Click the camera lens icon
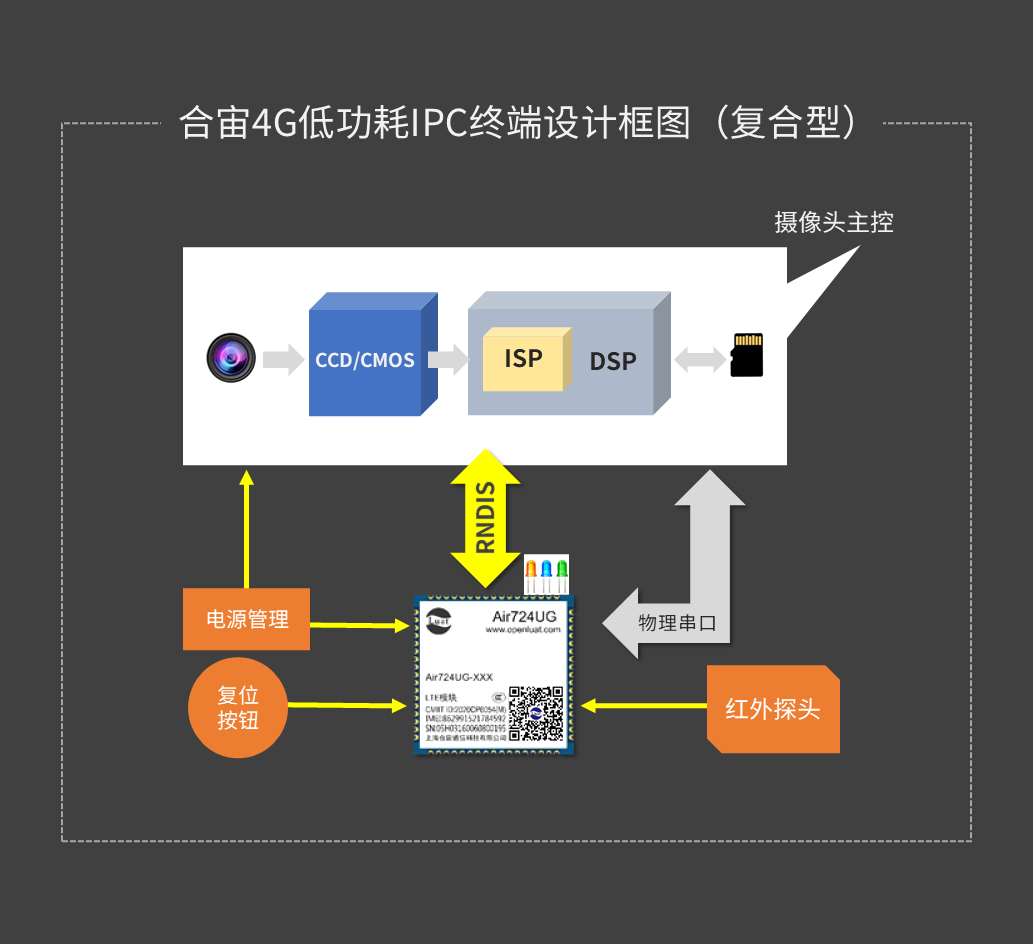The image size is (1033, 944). (x=231, y=357)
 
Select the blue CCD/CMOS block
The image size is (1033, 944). (x=365, y=361)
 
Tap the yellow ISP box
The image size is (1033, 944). (x=523, y=359)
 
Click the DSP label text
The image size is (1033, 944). (x=613, y=361)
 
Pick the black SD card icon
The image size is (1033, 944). (x=746, y=355)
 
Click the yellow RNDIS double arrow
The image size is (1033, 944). (x=485, y=518)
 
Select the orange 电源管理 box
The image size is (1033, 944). (x=246, y=619)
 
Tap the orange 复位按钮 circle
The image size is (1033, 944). (x=238, y=707)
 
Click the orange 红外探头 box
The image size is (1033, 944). (x=773, y=709)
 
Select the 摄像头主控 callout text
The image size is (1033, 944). (x=833, y=222)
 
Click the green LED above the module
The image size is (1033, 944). (x=562, y=573)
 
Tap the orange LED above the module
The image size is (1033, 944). (x=531, y=573)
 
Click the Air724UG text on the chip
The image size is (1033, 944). (x=524, y=617)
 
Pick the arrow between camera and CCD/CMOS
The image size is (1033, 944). (x=282, y=358)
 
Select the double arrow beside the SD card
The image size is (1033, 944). (x=699, y=358)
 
